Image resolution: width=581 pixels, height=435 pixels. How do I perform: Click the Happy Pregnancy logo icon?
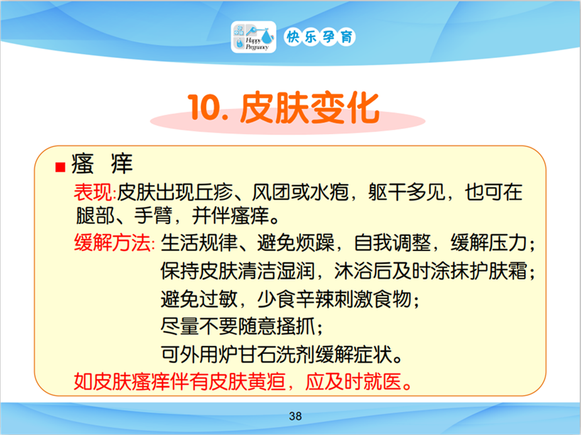pyautogui.click(x=254, y=37)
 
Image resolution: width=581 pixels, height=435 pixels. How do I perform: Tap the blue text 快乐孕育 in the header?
pyautogui.click(x=320, y=37)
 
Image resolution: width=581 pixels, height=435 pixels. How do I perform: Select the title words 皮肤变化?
pyautogui.click(x=310, y=107)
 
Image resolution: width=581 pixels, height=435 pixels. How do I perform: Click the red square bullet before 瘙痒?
pyautogui.click(x=60, y=167)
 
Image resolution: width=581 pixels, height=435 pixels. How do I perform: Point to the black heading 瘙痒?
pyautogui.click(x=102, y=163)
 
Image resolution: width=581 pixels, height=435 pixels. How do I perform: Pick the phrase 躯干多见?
pyautogui.click(x=407, y=192)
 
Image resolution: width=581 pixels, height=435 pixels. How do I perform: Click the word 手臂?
pyautogui.click(x=153, y=216)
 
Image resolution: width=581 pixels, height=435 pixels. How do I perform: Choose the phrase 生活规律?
pyautogui.click(x=199, y=243)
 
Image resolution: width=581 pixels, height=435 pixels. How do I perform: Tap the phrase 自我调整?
pyautogui.click(x=393, y=243)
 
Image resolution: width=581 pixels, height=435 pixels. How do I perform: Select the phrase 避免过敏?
pyautogui.click(x=199, y=299)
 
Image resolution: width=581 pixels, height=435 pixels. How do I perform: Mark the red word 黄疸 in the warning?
pyautogui.click(x=267, y=382)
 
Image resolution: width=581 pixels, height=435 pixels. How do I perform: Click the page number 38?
pyautogui.click(x=295, y=416)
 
